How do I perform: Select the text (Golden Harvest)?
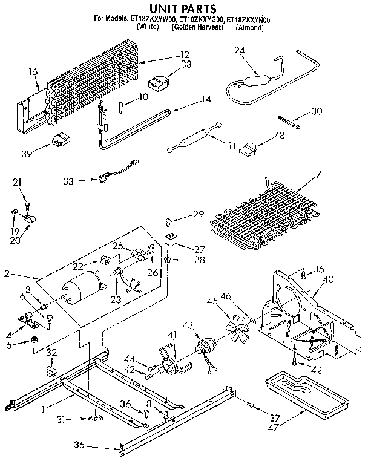click(195, 28)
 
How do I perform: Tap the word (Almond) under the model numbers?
click(249, 28)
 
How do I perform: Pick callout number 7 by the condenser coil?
click(318, 174)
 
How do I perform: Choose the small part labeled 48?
click(249, 148)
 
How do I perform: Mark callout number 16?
click(33, 73)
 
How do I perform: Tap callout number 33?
click(68, 180)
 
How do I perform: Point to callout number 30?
click(315, 111)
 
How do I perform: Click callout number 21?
click(16, 182)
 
